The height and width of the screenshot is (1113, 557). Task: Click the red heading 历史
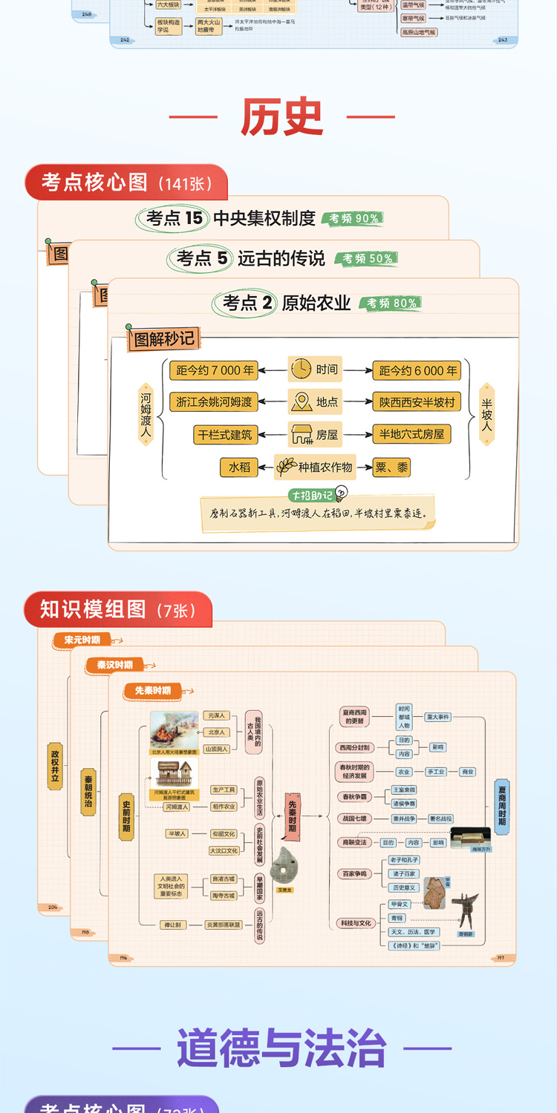tap(281, 117)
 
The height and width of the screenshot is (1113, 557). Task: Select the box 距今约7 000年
tap(213, 370)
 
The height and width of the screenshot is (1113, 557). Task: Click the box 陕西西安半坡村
tap(417, 402)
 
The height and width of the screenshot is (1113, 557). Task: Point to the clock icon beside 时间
tap(302, 369)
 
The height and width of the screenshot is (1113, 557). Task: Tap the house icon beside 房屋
tap(301, 434)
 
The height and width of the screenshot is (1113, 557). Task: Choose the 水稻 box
tap(239, 467)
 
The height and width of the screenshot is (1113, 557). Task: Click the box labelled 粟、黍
tap(391, 467)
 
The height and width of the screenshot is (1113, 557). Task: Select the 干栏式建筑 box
tap(225, 434)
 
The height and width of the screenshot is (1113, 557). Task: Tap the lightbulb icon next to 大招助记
tap(342, 492)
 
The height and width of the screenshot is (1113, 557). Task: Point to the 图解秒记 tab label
tap(163, 339)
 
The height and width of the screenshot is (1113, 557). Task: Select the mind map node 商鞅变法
tap(354, 842)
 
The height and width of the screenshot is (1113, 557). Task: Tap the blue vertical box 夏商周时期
tap(502, 807)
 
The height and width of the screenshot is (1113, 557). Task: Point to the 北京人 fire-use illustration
tap(175, 730)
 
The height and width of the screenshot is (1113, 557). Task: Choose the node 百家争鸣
tap(354, 874)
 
